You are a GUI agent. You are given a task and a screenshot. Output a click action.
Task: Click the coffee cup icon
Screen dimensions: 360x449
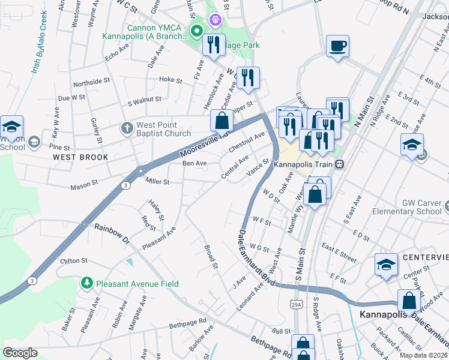pos(338,46)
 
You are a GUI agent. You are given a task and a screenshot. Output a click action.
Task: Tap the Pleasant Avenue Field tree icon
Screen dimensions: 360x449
pos(87,282)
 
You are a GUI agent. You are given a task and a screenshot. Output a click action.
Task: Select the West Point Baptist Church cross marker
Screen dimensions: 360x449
pos(127,128)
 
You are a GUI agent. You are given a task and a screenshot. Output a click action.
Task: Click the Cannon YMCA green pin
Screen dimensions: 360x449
pos(196,31)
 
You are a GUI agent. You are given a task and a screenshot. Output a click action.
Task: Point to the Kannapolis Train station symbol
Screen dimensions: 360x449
pos(340,163)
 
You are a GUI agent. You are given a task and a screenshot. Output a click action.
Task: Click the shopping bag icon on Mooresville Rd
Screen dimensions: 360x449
pos(222,121)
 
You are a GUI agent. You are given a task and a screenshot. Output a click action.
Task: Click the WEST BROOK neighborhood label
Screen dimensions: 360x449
pos(80,157)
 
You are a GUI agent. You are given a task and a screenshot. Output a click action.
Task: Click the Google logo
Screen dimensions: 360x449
pos(20,353)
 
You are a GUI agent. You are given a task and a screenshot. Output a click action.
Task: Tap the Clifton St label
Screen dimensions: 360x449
pos(74,261)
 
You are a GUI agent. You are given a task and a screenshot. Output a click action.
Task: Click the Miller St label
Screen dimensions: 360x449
pos(157,182)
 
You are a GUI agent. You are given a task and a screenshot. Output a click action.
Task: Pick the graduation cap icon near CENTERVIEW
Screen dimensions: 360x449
pos(385,265)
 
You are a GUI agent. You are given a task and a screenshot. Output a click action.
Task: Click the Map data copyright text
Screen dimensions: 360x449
pos(423,355)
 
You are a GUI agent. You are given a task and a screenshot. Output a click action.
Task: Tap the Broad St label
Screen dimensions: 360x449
pos(211,254)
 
